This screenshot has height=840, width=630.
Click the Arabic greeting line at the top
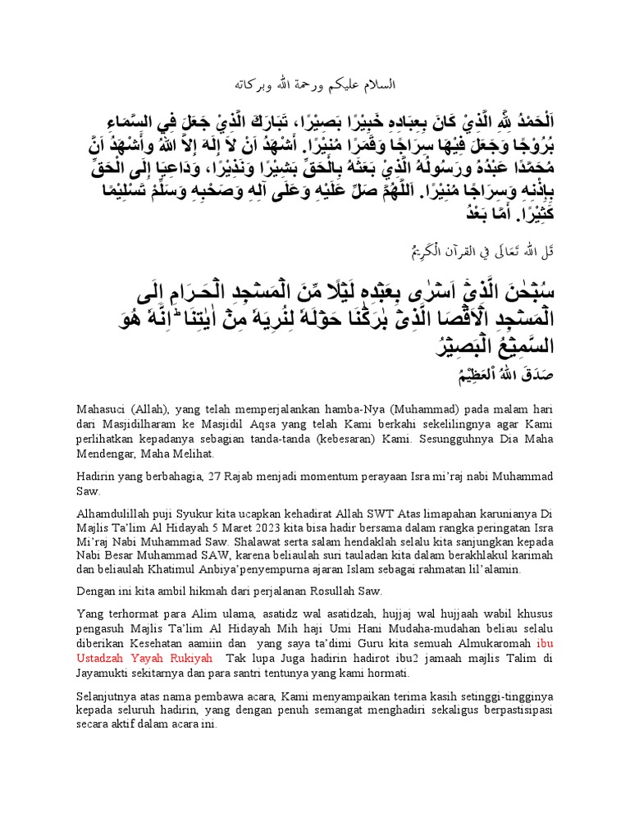click(315, 85)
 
